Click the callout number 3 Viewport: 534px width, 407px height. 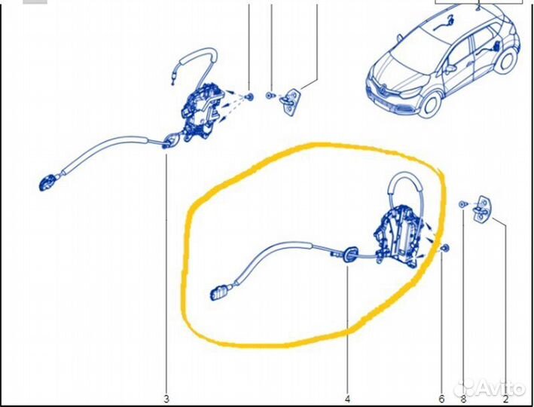166,399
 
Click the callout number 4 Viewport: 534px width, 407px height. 347,399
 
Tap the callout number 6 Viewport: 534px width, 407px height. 441,399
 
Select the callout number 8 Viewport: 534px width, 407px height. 463,399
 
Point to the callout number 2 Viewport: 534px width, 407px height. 505,399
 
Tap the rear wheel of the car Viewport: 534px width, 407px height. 506,61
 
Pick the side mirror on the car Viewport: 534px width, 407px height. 450,69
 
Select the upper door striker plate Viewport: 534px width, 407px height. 290,101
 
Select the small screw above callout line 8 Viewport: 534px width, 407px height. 462,204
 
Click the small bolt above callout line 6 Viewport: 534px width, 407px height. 445,249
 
